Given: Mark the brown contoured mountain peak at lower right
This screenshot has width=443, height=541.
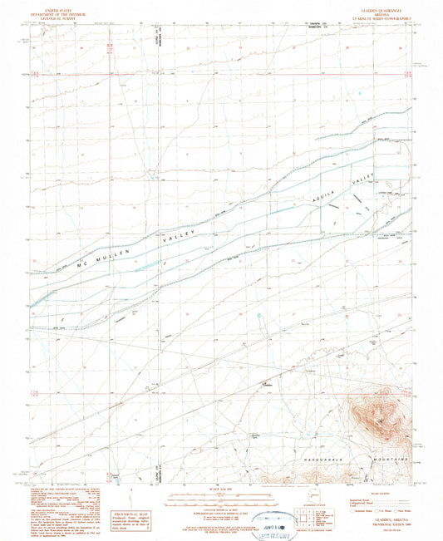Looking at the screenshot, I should [x=371, y=411].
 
